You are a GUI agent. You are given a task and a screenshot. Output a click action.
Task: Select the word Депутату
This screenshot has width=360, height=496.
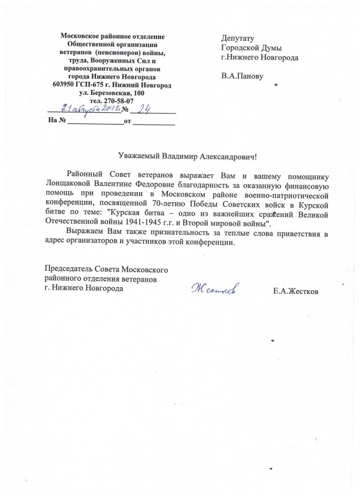(238, 38)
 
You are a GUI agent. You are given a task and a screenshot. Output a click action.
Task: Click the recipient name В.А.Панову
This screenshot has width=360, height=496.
(242, 77)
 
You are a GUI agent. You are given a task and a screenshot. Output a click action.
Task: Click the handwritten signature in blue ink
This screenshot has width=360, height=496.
(215, 289)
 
